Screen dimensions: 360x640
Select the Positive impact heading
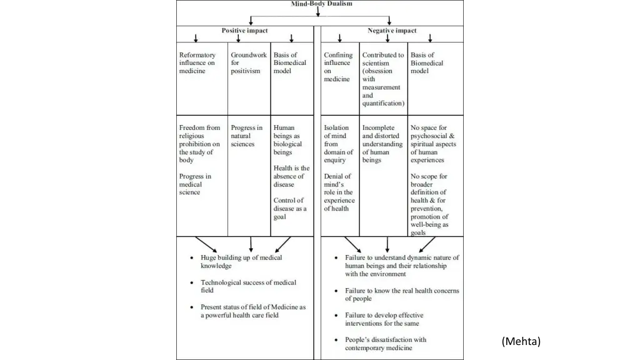244,30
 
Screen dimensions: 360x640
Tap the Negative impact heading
392,30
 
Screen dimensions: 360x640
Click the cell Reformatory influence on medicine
197,62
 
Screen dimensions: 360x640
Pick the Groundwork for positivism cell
248,62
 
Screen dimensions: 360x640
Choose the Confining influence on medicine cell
338,67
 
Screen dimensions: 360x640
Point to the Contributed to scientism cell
383,79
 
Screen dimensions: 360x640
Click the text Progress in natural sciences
246,136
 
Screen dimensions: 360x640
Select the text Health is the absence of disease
291,176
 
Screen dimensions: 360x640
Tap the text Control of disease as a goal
291,208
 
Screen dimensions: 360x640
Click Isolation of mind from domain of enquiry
338,144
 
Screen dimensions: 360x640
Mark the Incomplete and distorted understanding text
382,144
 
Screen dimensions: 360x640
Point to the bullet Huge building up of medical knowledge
241,261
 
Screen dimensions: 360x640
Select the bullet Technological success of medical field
248,286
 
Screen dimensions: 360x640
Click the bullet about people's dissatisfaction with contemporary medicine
385,344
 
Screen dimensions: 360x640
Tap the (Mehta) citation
521,341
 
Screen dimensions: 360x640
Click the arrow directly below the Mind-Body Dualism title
317,11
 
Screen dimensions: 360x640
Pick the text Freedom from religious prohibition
199,144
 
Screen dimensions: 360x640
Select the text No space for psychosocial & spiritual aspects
433,144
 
